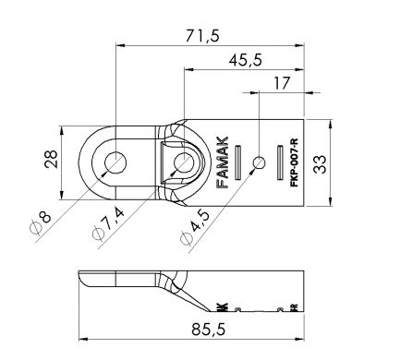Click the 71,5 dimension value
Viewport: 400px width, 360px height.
pos(202,36)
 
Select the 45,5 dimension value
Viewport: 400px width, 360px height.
pos(246,60)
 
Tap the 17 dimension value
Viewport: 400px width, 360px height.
pos(282,83)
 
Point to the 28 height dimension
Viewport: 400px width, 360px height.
pos(51,159)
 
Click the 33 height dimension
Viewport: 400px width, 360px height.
pos(321,164)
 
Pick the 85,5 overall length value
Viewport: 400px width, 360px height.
pos(209,330)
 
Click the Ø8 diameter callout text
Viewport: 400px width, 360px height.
pos(41,223)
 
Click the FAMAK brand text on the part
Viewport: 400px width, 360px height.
pos(223,162)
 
